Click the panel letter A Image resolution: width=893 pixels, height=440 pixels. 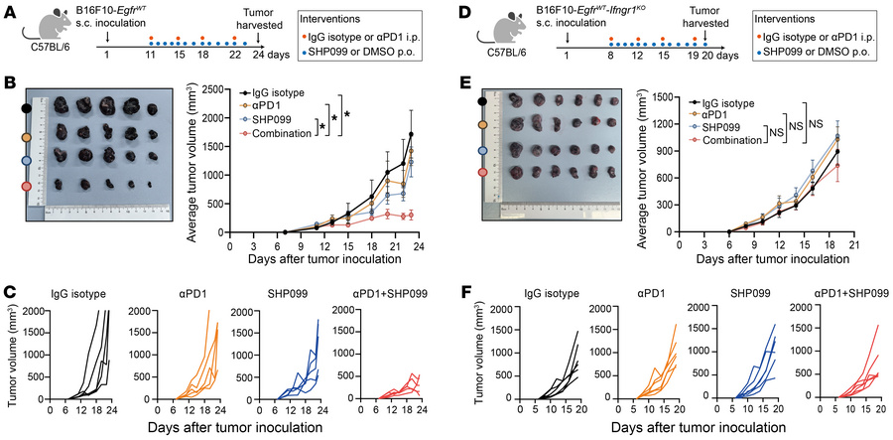[9, 10]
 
